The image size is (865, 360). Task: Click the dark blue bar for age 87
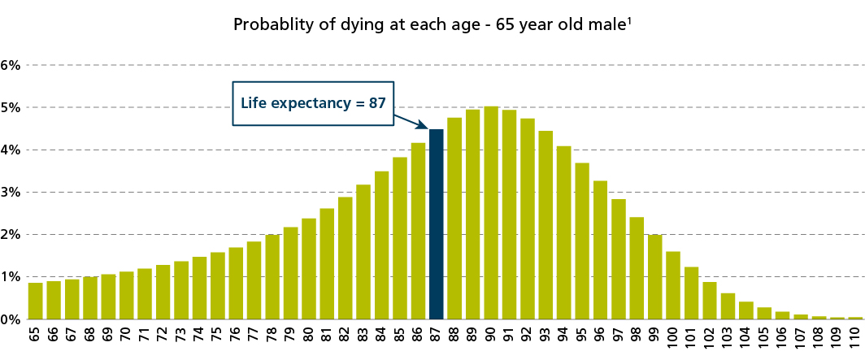436,223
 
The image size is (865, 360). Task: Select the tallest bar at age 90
491,212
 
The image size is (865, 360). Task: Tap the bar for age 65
35,301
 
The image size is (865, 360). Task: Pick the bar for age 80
309,268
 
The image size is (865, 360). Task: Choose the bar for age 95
582,241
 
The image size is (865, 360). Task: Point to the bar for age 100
673,284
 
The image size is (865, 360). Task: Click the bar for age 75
218,285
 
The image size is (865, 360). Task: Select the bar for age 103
728,306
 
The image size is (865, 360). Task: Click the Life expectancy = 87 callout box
313,103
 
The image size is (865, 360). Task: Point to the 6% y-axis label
10,65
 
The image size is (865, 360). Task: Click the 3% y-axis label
10,193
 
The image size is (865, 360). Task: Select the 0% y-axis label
10,319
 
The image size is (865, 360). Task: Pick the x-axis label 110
855,339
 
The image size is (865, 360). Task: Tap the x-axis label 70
126,339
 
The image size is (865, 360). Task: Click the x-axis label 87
437,339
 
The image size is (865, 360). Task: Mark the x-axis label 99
655,339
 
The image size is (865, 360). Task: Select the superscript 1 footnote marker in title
630,20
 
